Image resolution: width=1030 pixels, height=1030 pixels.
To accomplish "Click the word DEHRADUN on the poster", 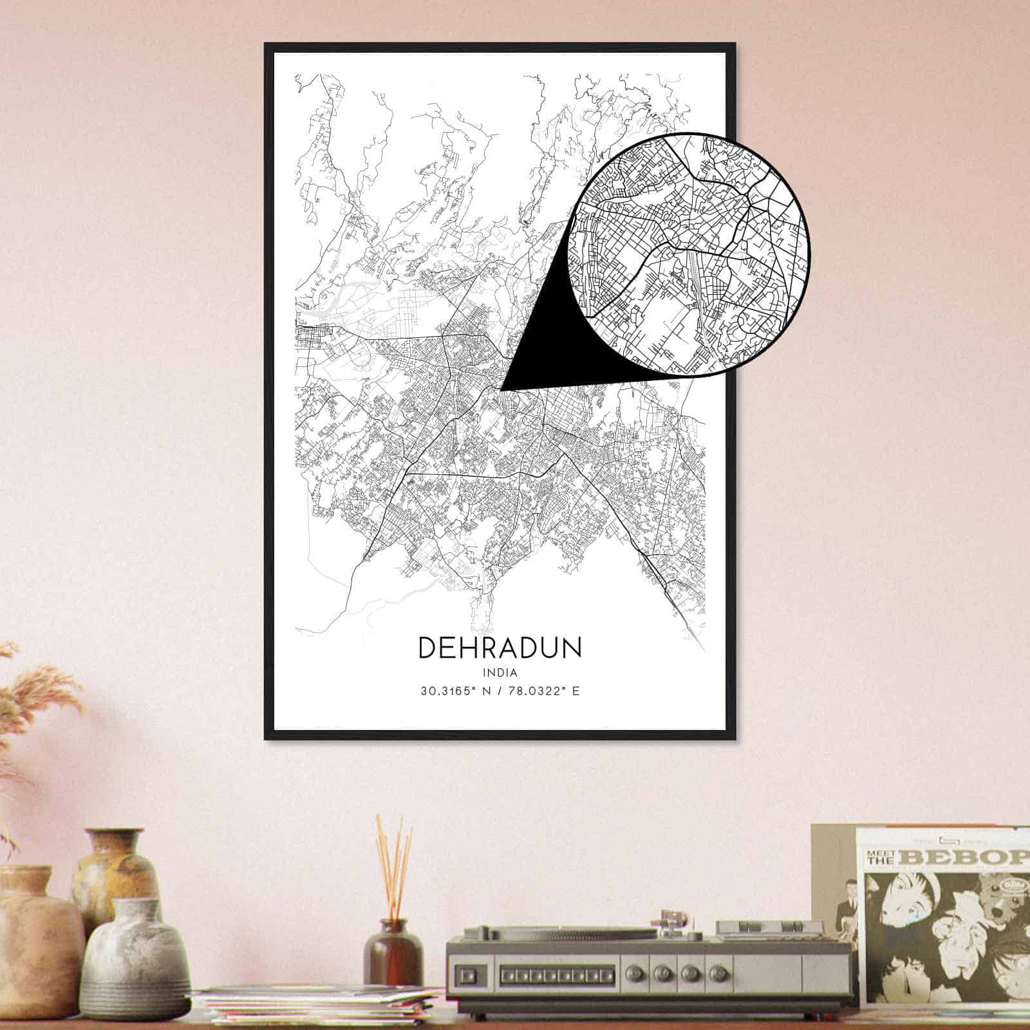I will click(x=500, y=648).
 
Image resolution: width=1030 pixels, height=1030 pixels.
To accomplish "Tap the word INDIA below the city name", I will click(x=500, y=673).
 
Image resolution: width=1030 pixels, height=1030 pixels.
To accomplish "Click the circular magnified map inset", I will click(x=688, y=255).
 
